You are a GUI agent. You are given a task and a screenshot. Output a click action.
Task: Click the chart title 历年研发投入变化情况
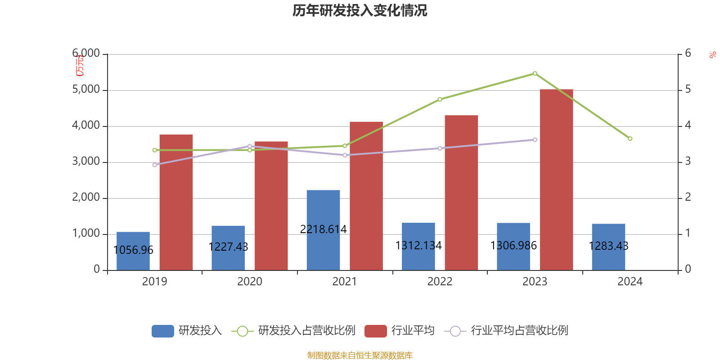click(x=360, y=10)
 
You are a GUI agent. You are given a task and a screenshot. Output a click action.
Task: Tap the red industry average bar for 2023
click(x=556, y=180)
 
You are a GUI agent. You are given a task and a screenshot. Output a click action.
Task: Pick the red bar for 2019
click(x=176, y=202)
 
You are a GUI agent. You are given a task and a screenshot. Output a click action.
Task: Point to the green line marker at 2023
click(x=535, y=73)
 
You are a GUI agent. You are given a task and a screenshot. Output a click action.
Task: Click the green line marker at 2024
click(x=630, y=139)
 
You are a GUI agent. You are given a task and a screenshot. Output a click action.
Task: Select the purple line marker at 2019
click(x=155, y=165)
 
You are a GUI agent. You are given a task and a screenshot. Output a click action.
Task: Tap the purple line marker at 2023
click(x=535, y=140)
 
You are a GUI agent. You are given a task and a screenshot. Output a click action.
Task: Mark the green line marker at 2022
click(x=440, y=99)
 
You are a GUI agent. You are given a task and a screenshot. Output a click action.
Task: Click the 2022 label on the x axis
click(x=440, y=282)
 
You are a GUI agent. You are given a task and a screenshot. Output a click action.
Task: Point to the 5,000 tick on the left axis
click(x=86, y=90)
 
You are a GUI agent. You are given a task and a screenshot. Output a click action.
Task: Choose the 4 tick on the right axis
click(x=688, y=125)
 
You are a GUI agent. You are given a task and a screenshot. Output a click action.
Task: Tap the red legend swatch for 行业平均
click(x=376, y=331)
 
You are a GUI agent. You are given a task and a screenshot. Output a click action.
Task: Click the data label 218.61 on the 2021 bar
click(x=323, y=229)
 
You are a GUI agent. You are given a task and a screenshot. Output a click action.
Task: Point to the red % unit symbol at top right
click(x=712, y=55)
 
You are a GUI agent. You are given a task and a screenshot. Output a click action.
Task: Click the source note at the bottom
click(x=360, y=355)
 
